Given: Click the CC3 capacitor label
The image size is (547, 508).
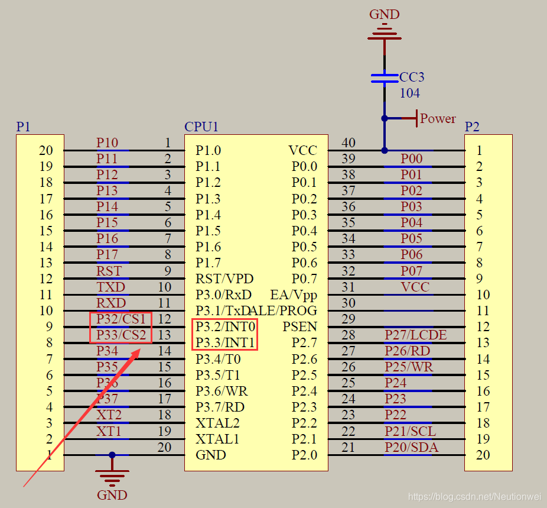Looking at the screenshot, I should (412, 77).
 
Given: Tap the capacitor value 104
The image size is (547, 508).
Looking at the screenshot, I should (410, 93).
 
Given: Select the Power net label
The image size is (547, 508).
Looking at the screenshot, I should (438, 118).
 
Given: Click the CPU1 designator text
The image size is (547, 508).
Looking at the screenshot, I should (201, 127).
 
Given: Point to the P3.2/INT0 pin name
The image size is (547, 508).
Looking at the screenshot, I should (225, 326).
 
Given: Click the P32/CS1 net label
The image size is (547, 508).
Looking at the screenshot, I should (121, 319).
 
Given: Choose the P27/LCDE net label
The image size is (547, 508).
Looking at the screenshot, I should (416, 335).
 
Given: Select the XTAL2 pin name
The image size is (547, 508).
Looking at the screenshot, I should (217, 423).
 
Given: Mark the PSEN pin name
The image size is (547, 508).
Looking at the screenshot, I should (299, 326).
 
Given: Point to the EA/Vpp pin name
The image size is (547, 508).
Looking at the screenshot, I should (294, 295).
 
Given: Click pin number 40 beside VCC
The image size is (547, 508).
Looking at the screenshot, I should (349, 143).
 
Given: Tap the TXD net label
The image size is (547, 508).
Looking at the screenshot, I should (111, 287).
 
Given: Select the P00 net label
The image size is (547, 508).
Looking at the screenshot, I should (412, 158).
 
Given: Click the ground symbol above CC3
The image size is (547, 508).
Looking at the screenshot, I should (385, 32).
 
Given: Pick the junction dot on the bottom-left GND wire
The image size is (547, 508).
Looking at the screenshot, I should (112, 455).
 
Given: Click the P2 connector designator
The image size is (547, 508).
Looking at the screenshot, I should (472, 127).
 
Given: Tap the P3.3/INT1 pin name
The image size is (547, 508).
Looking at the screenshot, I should (225, 342).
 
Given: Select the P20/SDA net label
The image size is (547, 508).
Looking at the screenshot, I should (412, 447).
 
